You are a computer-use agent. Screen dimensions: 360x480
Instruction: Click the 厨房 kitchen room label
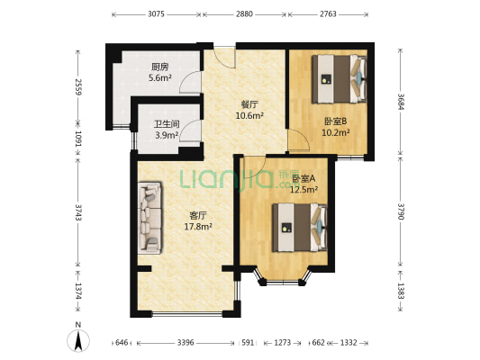click(160, 66)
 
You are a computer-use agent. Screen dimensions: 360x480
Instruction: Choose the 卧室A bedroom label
click(303, 177)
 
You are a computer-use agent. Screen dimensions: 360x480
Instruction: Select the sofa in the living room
click(149, 219)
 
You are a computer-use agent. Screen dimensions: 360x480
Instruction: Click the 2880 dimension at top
click(244, 15)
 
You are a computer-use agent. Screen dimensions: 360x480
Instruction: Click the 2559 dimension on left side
click(78, 87)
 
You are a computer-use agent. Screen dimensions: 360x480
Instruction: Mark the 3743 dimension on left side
click(78, 213)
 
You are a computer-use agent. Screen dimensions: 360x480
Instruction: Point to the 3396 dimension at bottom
click(185, 343)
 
